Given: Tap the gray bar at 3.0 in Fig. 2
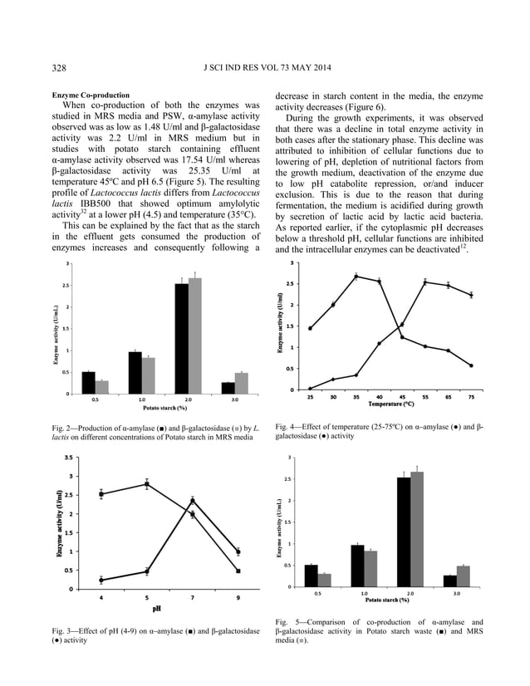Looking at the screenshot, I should pos(242,386).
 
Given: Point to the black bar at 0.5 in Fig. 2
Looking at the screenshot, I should pos(88,382).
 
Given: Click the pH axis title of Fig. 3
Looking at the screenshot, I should pos(155,609).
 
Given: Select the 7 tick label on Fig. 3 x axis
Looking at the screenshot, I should pos(193,597).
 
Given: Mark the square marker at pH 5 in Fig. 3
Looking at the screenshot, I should pos(147,484).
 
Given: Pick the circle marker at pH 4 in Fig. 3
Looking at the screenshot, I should pos(101,581).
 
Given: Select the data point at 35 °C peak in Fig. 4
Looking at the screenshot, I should pos(356,277).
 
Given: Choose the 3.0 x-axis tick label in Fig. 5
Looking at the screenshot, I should pos(456,594).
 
